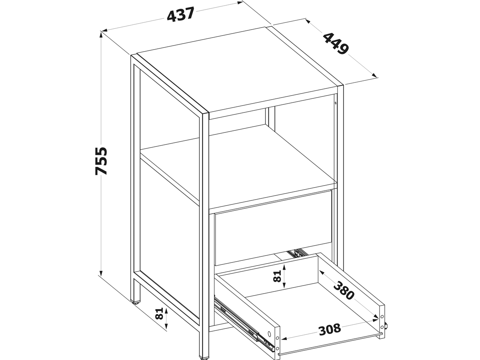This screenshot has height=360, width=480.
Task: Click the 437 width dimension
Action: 181,14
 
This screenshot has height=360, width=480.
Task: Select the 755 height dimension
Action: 101,161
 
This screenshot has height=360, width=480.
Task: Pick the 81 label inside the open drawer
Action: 277,276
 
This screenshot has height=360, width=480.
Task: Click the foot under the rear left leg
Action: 136,303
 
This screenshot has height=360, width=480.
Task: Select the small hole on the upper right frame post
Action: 336,103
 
